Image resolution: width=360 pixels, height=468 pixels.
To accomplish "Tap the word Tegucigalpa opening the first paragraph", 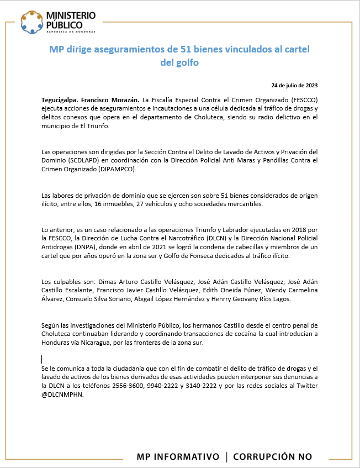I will click(x=59, y=100).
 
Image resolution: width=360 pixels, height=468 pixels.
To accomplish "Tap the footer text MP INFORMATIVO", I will click(x=178, y=456).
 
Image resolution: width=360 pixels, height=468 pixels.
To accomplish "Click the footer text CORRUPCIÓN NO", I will click(x=273, y=456).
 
